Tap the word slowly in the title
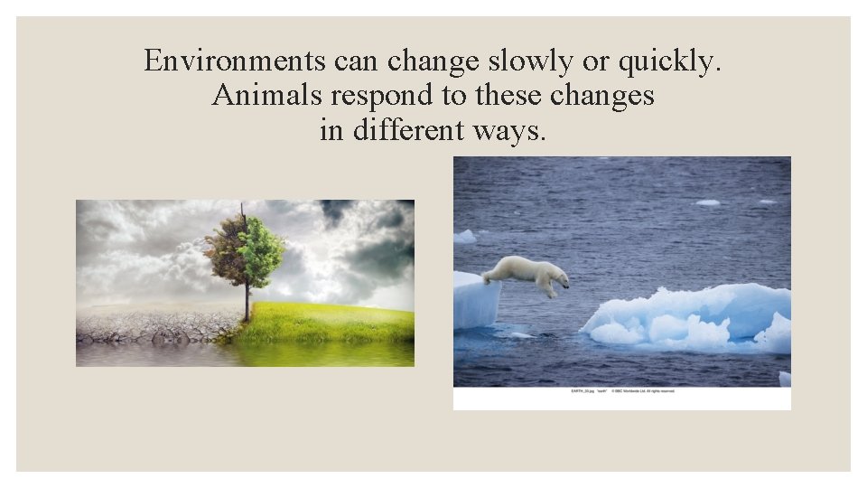(521, 61)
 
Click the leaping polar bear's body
(524, 270)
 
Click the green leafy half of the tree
(263, 243)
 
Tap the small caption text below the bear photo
(622, 390)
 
